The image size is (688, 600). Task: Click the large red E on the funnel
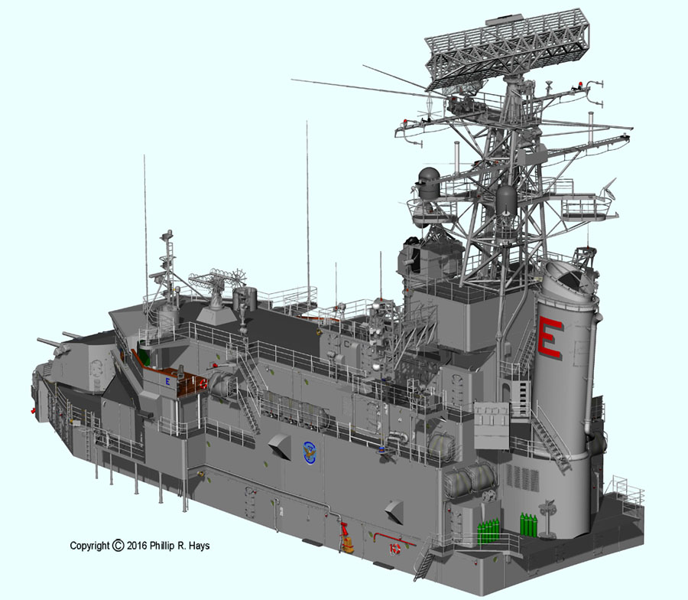550,337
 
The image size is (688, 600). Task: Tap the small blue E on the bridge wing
167,382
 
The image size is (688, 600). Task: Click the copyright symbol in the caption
118,545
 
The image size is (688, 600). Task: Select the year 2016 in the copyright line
137,546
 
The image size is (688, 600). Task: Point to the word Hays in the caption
200,546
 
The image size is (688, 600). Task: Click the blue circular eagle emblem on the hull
310,454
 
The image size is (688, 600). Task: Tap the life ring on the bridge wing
203,383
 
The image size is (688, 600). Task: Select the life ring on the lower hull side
394,549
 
